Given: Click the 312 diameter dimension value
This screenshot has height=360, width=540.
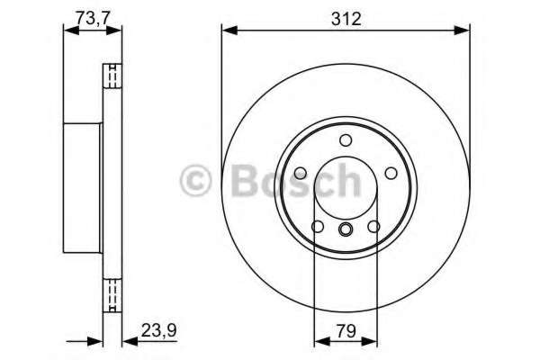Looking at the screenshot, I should [346, 18].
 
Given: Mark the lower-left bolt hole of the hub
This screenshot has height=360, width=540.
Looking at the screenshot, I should [318, 226].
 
